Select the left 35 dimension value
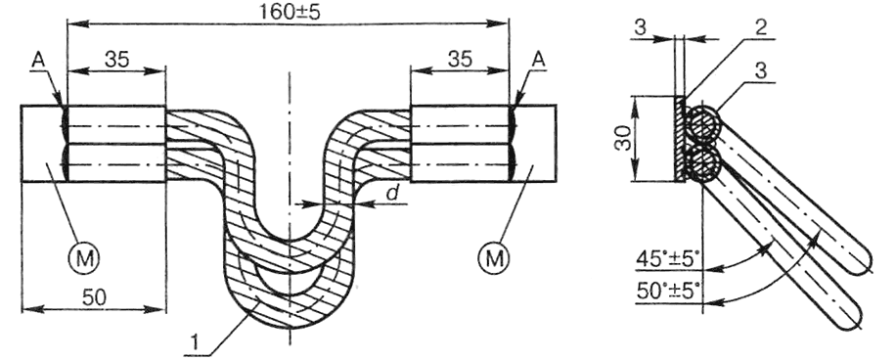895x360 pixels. (116, 59)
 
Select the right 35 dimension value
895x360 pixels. (460, 59)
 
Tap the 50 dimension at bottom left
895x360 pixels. (95, 297)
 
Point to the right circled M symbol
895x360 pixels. (493, 258)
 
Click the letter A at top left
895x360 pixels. (38, 60)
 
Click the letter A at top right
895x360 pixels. (537, 60)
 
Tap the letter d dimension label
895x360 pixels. (392, 194)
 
